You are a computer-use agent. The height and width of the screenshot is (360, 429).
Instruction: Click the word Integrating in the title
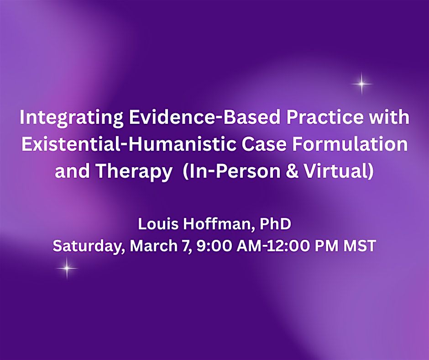pyautogui.click(x=71, y=118)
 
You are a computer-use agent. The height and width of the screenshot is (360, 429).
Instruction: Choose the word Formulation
pyautogui.click(x=350, y=144)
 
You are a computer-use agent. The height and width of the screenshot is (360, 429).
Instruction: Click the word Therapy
pyautogui.click(x=134, y=172)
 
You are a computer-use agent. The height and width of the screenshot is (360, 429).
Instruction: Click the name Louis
pyautogui.click(x=158, y=224)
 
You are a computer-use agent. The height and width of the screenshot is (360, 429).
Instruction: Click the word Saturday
pyautogui.click(x=87, y=246)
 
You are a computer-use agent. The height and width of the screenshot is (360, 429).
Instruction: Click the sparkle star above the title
pyautogui.click(x=362, y=84)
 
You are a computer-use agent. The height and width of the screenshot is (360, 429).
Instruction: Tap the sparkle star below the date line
pyautogui.click(x=67, y=268)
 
